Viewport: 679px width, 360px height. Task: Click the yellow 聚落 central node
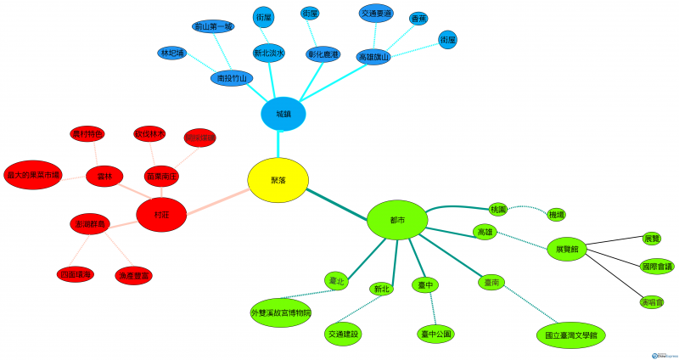tap(278, 181)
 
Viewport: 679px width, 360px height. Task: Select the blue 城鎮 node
tap(283, 114)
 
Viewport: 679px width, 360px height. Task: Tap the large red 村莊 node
tap(161, 216)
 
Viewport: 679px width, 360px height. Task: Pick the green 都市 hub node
tap(396, 219)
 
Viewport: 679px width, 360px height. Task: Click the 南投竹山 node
tap(232, 78)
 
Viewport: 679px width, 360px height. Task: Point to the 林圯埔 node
tap(171, 53)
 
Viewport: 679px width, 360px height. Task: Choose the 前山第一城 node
tap(213, 26)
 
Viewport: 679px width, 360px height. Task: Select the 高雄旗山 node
tap(373, 57)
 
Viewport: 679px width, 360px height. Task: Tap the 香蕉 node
tap(418, 18)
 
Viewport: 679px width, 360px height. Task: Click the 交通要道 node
tap(376, 14)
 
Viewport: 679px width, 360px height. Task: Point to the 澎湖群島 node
tap(91, 224)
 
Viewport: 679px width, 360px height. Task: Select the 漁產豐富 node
tap(133, 275)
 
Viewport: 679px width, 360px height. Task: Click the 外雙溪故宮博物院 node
tap(281, 312)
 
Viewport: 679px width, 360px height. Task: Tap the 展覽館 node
tap(567, 250)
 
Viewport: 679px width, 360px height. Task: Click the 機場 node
tap(557, 215)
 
